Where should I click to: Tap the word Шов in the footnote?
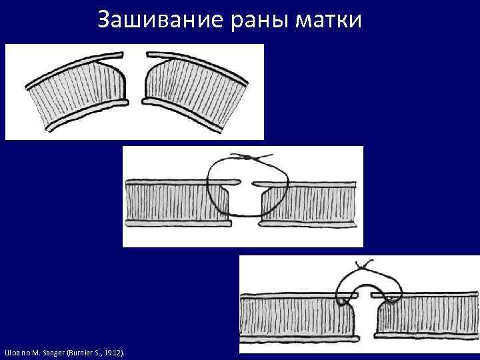[x=11, y=351]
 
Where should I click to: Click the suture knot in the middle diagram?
[x=247, y=157]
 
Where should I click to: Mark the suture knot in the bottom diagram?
[x=364, y=266]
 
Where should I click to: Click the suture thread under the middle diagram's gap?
[x=245, y=216]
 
